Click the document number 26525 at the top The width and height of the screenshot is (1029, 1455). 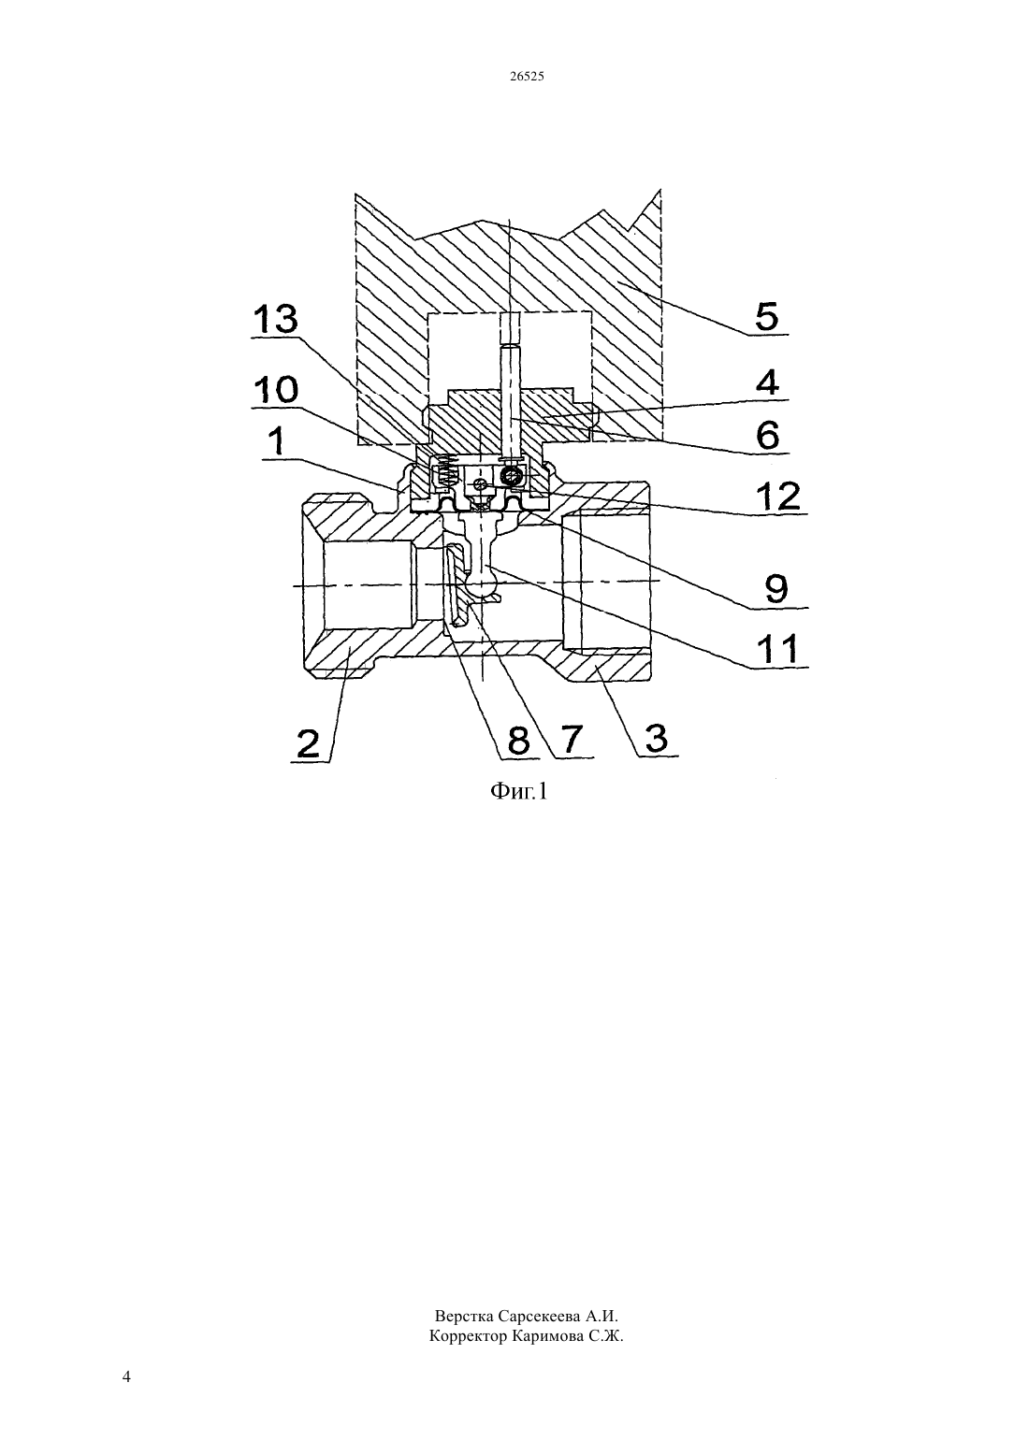click(527, 77)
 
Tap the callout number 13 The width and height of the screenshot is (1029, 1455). click(275, 320)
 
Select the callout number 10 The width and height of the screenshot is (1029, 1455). click(275, 390)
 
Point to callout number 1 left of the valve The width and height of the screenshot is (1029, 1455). click(277, 441)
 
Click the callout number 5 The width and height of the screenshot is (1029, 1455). click(766, 317)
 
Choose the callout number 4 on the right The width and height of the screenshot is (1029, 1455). click(767, 382)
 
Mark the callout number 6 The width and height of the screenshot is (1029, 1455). click(768, 435)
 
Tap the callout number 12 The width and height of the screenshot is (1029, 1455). click(779, 497)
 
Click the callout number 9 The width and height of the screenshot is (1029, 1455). click(776, 589)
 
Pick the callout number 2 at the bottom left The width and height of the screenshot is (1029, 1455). click(309, 743)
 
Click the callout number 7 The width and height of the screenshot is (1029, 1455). click(570, 740)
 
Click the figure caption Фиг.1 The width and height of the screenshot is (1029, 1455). click(518, 790)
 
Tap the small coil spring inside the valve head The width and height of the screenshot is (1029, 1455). click(445, 469)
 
